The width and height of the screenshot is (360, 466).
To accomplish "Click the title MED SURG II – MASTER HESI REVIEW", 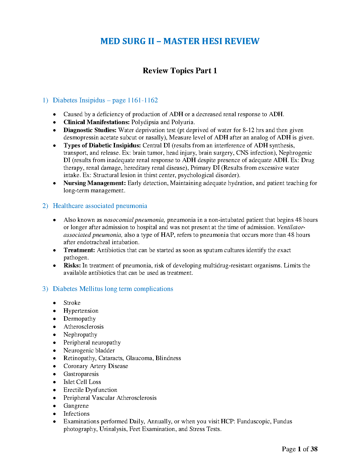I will tap(180, 41).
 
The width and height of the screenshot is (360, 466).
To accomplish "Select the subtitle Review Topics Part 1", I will tap(180, 71).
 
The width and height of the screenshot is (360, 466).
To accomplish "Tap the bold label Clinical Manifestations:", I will tap(96, 122).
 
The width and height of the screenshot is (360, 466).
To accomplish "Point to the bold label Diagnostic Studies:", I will tap(90, 130).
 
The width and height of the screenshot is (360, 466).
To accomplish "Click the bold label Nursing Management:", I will tap(95, 183).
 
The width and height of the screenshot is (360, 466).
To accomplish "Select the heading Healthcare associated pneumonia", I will tap(100, 206).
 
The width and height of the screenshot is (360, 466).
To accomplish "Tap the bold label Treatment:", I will tap(79, 250).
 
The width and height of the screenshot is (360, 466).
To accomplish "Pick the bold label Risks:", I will tap(72, 265).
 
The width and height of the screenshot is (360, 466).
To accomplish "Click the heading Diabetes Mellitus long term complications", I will tap(113, 289).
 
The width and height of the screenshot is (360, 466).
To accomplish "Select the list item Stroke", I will tap(72, 303).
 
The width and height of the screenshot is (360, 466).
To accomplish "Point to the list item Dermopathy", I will tap(80, 319).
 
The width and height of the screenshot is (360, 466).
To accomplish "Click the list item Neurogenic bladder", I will tap(89, 350).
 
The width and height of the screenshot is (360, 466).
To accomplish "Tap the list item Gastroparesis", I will tap(81, 374).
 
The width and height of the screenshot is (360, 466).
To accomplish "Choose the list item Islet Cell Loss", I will tap(82, 382).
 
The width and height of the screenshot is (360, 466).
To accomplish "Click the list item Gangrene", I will tap(76, 406).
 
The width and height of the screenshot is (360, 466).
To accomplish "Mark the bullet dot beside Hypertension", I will tap(55, 311).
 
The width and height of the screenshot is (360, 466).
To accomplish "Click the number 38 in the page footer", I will tap(314, 449).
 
